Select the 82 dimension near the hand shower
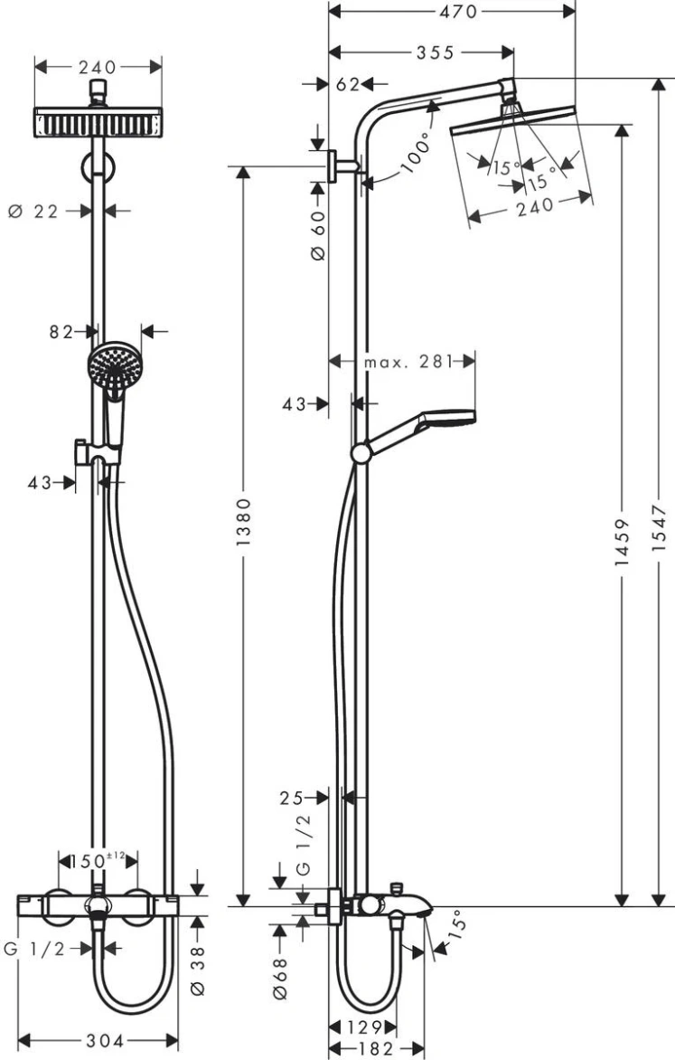coord(61,332)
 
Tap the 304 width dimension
coord(98,1040)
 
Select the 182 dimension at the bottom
coord(370,1047)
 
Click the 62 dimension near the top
coord(346,85)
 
